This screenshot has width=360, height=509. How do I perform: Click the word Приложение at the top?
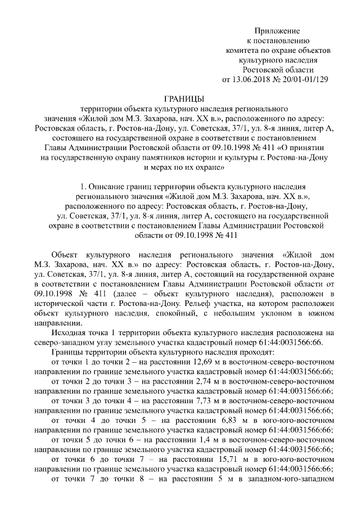pos(277,30)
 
